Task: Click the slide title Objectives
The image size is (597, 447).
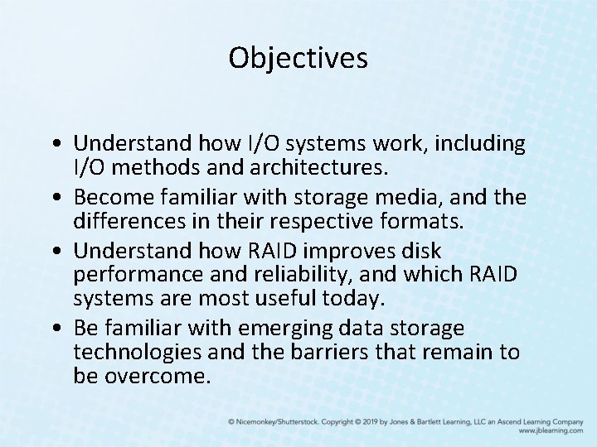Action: tap(298, 58)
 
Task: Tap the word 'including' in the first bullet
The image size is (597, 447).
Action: tap(480, 144)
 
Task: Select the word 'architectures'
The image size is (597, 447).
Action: tap(318, 167)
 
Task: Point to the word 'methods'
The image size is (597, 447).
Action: tap(156, 167)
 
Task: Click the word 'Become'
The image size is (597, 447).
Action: tap(114, 198)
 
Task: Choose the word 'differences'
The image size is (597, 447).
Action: tap(129, 221)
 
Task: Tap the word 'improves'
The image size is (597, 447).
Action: tap(347, 252)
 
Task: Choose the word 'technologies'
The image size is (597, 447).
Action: tap(137, 353)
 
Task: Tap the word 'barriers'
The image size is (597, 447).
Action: tap(330, 352)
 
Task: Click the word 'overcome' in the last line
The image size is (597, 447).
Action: tap(158, 377)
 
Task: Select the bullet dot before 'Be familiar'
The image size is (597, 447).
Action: tap(57, 328)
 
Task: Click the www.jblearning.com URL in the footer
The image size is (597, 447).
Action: tap(551, 430)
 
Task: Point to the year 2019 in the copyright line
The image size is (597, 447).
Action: tap(371, 422)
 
